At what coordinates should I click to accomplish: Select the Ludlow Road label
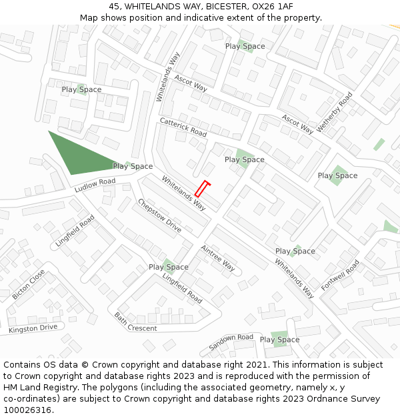tap(95, 185)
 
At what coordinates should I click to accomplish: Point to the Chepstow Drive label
tap(159, 216)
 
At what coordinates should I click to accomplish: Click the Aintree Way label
tap(217, 258)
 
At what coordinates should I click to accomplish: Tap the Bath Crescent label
tap(135, 322)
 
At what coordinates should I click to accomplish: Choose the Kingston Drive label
tap(33, 328)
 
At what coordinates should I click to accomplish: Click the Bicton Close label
tap(29, 284)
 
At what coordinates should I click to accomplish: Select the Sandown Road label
tap(231, 342)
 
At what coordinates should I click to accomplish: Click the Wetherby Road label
tap(335, 111)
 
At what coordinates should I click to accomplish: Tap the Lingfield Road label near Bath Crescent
tap(182, 289)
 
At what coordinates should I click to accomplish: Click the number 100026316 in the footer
tap(26, 410)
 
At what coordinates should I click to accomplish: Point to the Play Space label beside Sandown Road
tap(280, 340)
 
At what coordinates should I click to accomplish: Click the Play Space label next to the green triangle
tap(133, 166)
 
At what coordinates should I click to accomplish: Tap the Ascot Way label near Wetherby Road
tap(297, 124)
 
